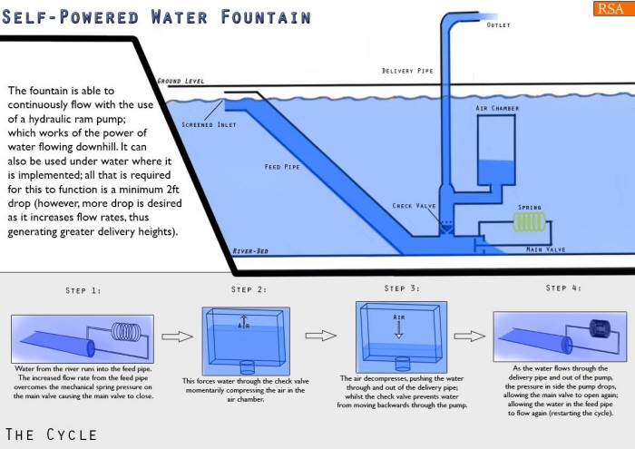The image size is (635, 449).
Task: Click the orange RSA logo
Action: pos(609,10)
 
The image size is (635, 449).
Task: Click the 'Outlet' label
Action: pos(498,25)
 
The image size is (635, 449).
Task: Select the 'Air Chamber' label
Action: pos(497,108)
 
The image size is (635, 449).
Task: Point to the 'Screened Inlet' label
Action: pos(210,124)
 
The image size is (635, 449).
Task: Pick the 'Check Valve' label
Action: pos(415,206)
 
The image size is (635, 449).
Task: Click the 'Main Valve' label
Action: pos(546,249)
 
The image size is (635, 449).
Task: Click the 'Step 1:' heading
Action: pos(83,290)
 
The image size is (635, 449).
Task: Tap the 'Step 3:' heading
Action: pos(401,288)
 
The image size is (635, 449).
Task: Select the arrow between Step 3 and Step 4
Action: pos(466,336)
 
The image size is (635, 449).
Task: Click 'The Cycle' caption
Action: pos(51,434)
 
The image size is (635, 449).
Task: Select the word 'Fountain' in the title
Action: pos(266,17)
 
